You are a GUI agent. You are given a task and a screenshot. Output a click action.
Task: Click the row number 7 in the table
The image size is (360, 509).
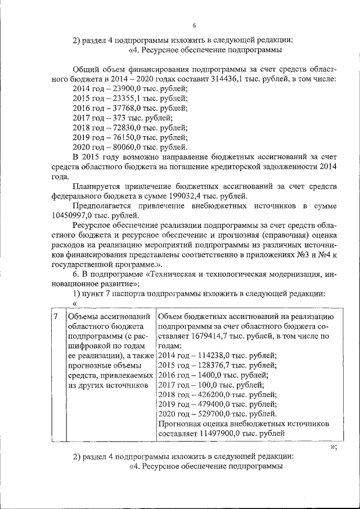tap(56, 317)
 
